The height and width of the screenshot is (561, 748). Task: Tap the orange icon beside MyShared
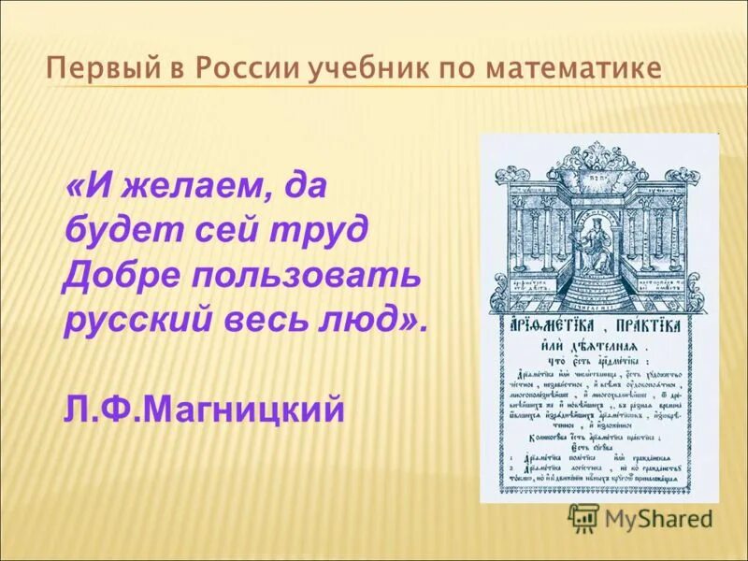click(x=583, y=517)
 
